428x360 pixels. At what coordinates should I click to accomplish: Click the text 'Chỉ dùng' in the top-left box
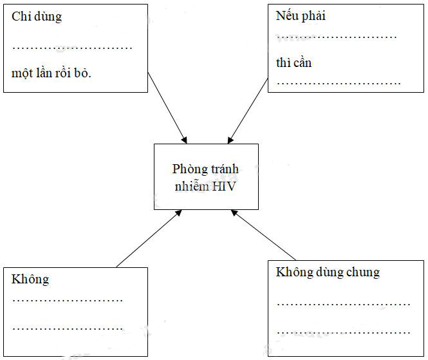[37, 17]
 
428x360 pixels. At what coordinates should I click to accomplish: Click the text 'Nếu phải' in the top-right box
[301, 16]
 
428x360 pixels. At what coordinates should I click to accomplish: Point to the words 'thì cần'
[294, 63]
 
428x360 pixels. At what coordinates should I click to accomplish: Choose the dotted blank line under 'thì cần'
[339, 83]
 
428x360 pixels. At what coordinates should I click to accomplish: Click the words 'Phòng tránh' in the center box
[205, 169]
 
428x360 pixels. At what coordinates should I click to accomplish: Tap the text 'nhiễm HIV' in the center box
[205, 187]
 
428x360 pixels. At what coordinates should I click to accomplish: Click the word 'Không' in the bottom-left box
[30, 279]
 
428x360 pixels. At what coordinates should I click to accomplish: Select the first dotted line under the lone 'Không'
[68, 300]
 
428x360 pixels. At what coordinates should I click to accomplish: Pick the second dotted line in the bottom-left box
[68, 328]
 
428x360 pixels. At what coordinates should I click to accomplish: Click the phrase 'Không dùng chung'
[328, 272]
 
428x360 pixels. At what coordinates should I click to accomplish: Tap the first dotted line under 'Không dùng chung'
[343, 303]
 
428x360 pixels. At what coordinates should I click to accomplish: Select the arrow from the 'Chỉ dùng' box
[167, 108]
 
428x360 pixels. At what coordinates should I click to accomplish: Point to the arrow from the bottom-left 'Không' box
[149, 238]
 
